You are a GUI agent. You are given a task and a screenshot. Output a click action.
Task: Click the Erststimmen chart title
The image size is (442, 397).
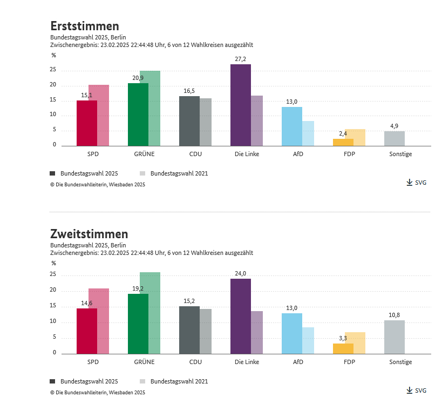[85, 26]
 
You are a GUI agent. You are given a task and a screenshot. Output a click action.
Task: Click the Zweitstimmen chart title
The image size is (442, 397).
[89, 234]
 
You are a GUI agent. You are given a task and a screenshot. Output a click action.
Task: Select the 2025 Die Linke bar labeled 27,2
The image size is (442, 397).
[240, 105]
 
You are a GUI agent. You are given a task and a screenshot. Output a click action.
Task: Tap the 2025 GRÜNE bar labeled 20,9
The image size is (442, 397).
[138, 115]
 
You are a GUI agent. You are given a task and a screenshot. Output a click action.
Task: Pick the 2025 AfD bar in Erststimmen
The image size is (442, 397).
[291, 126]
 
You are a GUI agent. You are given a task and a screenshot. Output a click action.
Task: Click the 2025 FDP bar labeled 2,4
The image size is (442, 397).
[343, 143]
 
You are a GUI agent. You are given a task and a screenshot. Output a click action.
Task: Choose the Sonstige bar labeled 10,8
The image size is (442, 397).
[394, 337]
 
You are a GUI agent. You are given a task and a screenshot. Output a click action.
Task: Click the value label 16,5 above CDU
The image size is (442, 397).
[189, 91]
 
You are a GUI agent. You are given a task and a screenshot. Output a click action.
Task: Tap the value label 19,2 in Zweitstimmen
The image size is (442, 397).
[138, 288]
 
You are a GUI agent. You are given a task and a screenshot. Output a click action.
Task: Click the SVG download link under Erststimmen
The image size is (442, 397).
[417, 183]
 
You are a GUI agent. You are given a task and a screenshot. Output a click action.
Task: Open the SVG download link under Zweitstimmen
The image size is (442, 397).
[417, 391]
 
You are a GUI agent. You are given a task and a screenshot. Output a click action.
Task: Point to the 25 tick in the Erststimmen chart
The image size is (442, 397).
[53, 70]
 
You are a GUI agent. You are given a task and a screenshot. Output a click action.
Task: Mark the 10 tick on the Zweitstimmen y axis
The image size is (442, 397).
[53, 321]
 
